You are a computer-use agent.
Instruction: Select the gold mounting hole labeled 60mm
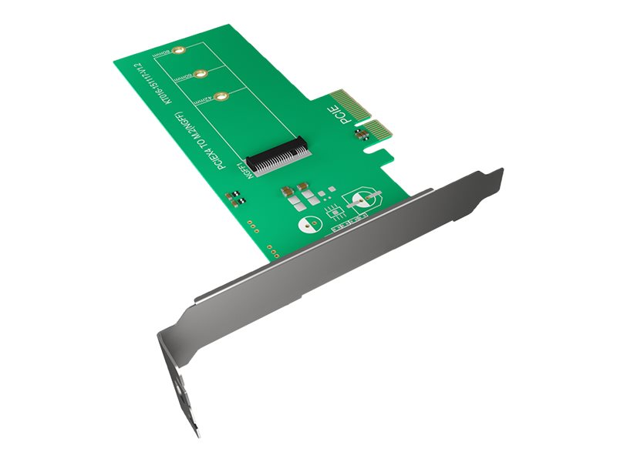200,74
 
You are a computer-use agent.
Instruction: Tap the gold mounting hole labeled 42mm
221,97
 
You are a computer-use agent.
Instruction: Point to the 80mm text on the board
161,55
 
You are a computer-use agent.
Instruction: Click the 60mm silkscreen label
183,79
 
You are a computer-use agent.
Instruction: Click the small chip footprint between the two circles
332,211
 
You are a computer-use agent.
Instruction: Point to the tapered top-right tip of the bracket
494,176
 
